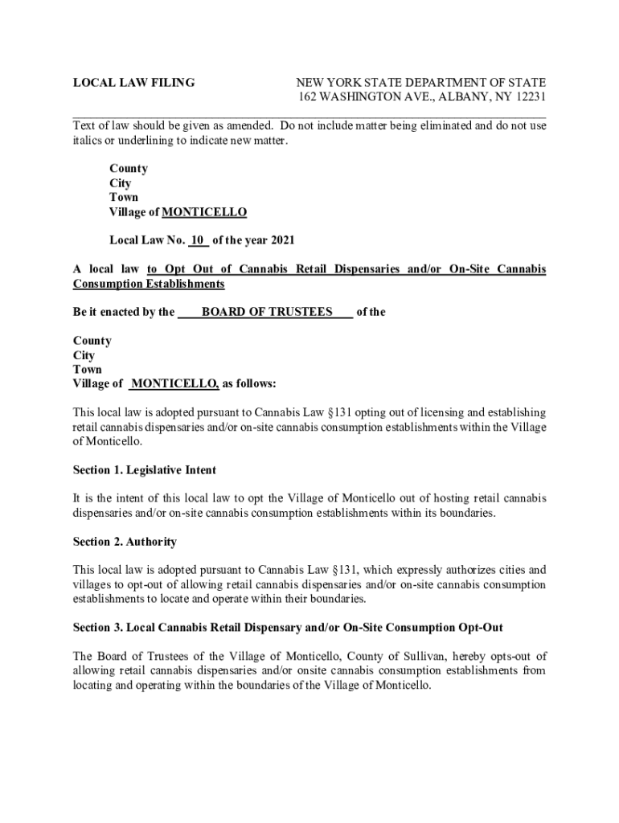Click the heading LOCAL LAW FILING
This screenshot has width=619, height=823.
coord(133,83)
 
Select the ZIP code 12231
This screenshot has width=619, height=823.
coord(527,97)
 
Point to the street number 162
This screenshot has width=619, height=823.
coord(309,97)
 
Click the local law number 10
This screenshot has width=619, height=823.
coord(199,240)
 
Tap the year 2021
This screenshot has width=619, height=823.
coord(282,240)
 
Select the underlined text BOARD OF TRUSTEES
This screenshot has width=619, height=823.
coord(266,312)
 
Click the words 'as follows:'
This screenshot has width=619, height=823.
coord(249,384)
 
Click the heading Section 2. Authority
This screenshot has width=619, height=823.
coord(125,542)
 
